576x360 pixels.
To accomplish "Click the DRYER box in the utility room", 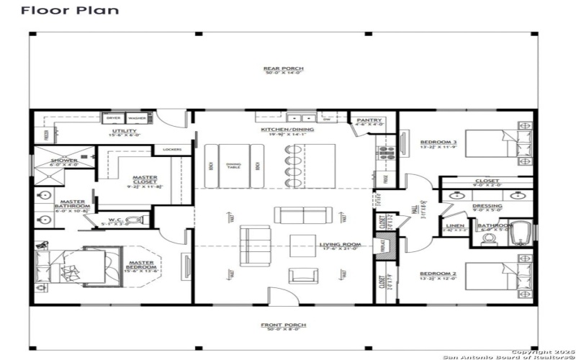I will pos(114,117).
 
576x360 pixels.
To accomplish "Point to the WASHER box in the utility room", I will pos(137,117).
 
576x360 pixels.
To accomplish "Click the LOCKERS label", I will pos(172,150).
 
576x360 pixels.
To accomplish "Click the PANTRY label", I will pos(367,120).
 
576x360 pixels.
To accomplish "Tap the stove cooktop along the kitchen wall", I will pos(383,153).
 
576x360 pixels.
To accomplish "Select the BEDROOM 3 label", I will pos(434,142).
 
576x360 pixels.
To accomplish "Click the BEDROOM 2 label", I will pos(434,274).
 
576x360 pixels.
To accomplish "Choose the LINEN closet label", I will pos(455,227).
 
